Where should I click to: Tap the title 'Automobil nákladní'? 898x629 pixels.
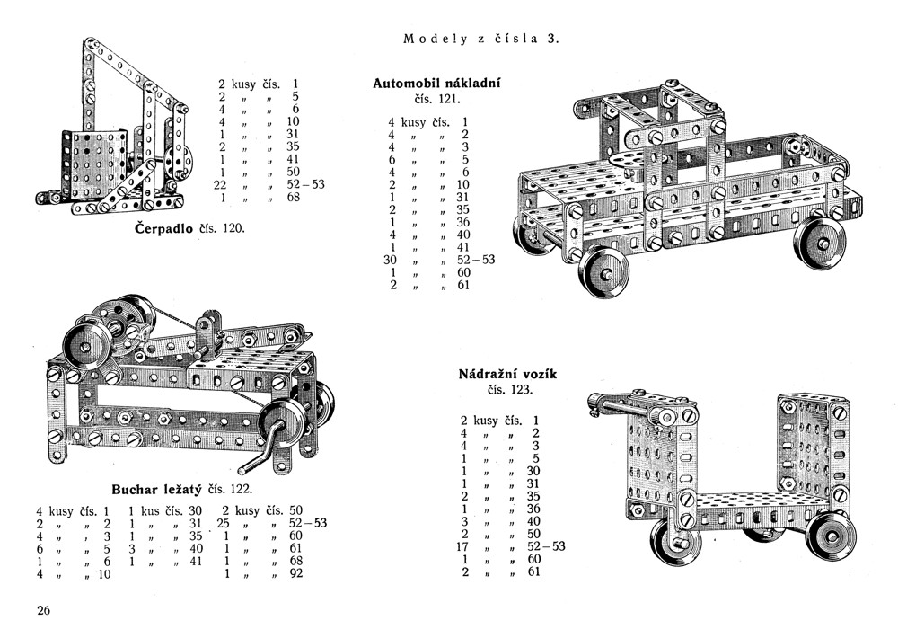tap(436, 84)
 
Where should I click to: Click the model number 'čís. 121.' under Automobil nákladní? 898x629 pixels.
tap(436, 100)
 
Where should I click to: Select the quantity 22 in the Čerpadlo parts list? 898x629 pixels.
tap(218, 184)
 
